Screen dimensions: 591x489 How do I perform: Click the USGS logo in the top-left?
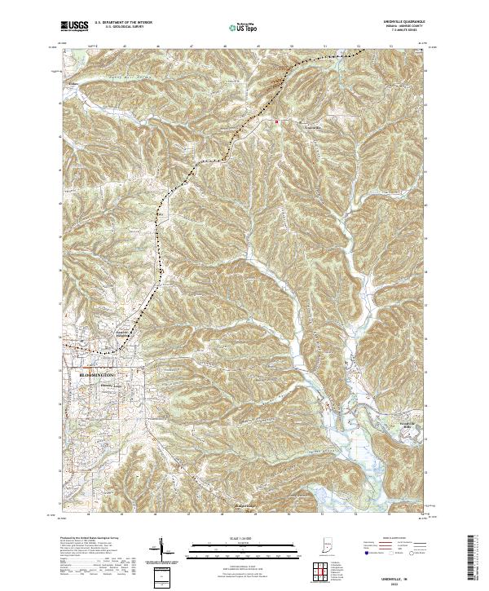(75, 27)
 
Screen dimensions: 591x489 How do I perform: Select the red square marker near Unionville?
(277, 123)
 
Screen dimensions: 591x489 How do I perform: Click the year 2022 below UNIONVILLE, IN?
(399, 581)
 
